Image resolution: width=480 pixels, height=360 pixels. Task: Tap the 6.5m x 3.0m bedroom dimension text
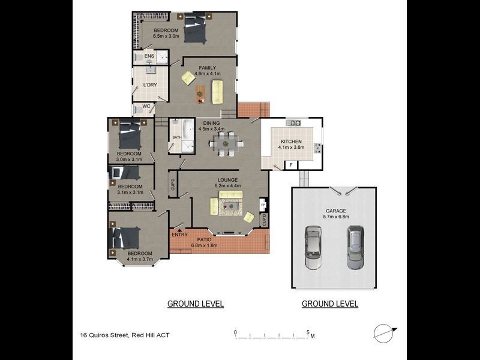166,37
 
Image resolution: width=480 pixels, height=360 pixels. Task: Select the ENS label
149,56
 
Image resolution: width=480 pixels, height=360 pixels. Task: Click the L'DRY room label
150,85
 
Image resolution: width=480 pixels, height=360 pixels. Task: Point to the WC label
146,107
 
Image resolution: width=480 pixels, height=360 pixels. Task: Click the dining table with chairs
226,143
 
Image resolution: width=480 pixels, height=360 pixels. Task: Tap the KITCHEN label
292,142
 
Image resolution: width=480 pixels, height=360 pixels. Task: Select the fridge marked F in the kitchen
291,164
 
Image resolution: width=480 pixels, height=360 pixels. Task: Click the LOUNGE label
227,179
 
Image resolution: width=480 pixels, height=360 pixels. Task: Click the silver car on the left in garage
313,248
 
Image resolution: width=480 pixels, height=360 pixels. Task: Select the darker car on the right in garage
355,247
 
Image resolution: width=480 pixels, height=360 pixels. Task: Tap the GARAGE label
335,211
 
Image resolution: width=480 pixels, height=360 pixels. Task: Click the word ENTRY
179,235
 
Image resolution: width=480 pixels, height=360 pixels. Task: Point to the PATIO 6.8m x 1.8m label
204,242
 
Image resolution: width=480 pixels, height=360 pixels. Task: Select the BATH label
177,137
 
